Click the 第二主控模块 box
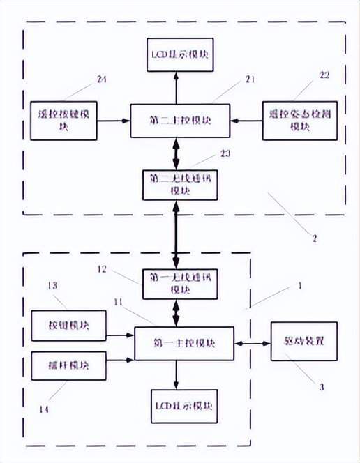tap(180, 121)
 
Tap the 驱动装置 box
tap(303, 342)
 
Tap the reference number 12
tap(102, 267)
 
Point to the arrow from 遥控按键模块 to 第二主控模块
tap(113, 121)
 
